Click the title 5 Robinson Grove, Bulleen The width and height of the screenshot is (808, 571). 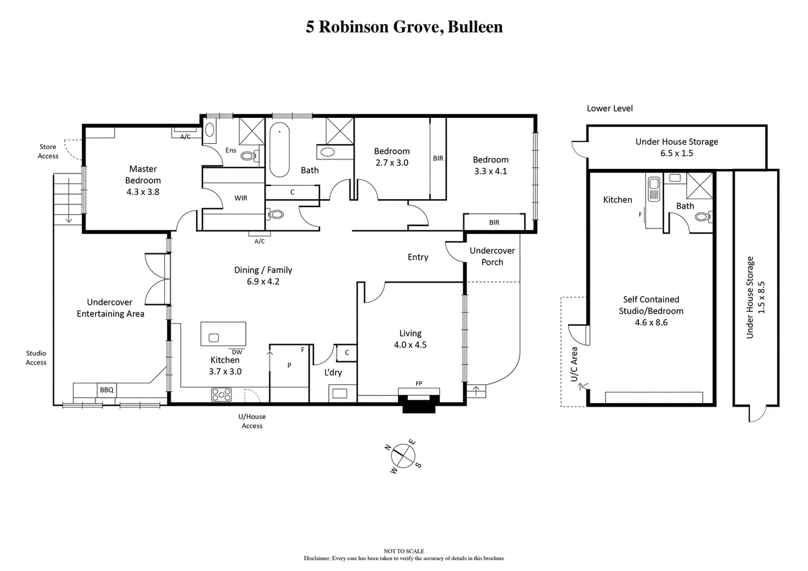click(404, 27)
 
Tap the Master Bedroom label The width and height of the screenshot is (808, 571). click(143, 175)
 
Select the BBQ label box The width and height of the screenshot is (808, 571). click(106, 390)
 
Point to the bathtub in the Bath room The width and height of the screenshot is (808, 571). click(279, 149)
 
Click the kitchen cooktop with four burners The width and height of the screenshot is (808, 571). click(221, 394)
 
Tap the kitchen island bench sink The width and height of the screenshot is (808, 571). click(214, 338)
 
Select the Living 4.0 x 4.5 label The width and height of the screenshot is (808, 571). click(410, 339)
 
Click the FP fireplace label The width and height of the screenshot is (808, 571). click(419, 383)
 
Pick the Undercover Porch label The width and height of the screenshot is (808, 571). click(492, 256)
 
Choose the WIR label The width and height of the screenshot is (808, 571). click(241, 198)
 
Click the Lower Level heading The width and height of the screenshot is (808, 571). click(609, 109)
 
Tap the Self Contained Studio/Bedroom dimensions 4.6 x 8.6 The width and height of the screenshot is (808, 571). click(651, 323)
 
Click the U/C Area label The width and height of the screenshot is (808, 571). click(574, 364)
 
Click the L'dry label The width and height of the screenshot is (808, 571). click(333, 372)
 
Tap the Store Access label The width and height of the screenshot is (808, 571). click(48, 151)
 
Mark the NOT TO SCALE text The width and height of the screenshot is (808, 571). click(404, 551)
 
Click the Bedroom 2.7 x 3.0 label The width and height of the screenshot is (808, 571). click(392, 157)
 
